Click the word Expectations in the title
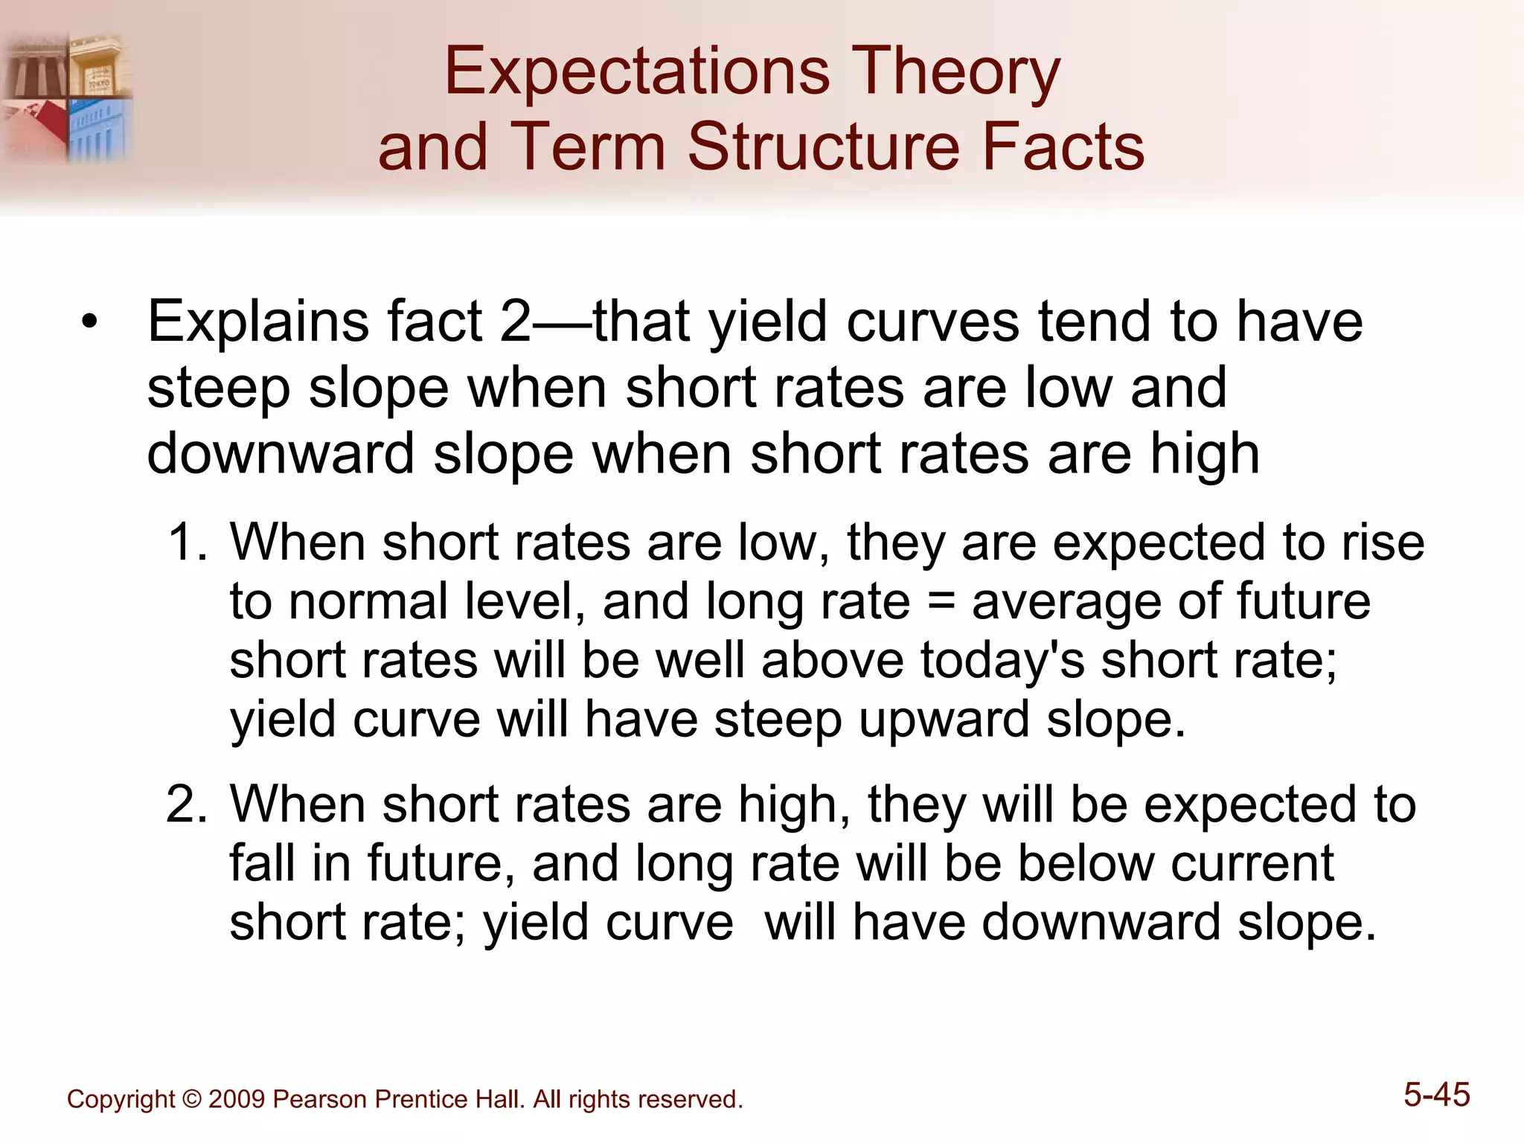coord(637,72)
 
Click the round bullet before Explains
coord(90,324)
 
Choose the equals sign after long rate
coord(941,601)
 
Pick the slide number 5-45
coord(1436,1095)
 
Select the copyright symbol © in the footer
coord(191,1100)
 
